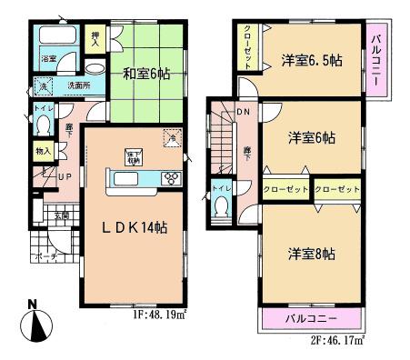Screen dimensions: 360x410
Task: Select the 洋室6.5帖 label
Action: [x=311, y=62]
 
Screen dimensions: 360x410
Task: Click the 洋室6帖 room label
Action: [x=311, y=138]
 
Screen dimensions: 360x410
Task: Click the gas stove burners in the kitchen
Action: [x=171, y=177]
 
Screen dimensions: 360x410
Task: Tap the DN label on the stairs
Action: [x=242, y=113]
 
